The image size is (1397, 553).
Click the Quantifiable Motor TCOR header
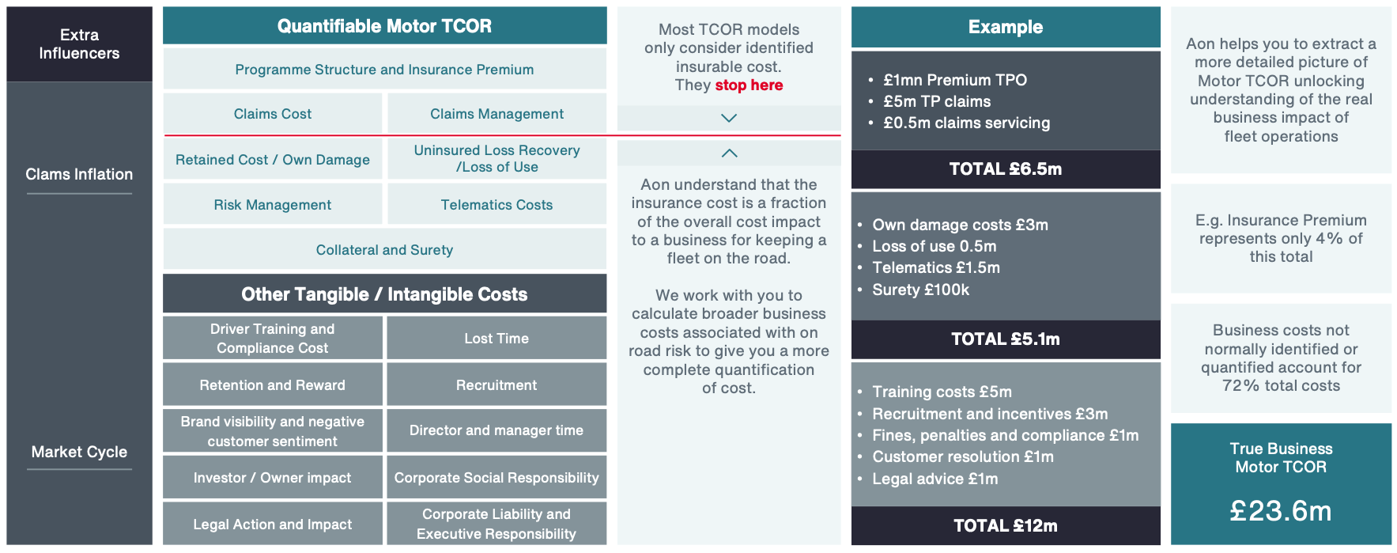384,26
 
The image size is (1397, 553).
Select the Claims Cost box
273,114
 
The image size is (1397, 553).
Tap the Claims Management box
497,114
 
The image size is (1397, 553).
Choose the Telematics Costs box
497,205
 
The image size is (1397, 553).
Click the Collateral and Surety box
384,250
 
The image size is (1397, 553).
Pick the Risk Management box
273,205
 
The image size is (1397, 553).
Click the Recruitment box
497,385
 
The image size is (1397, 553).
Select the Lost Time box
497,339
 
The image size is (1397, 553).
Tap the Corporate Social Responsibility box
497,478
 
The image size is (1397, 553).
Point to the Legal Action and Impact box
273,524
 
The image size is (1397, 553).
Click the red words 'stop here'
749,85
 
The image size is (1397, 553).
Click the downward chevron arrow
729,118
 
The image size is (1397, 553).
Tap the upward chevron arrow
729,153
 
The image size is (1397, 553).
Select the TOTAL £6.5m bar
1006,169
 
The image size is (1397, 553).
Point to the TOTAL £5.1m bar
1006,339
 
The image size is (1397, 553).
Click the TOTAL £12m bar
1006,526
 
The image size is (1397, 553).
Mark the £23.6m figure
1281,511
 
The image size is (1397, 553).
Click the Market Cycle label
79,452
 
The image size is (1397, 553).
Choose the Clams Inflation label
79,174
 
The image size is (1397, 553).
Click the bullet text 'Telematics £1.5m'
936,268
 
